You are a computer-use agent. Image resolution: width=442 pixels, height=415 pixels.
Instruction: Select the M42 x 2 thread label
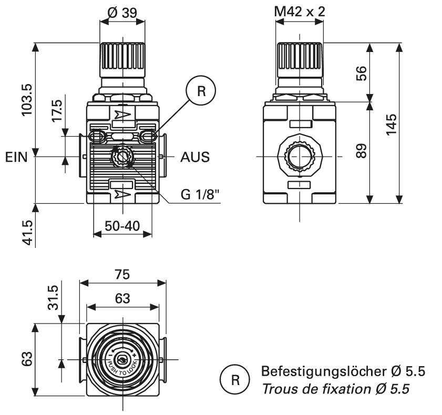(x=299, y=11)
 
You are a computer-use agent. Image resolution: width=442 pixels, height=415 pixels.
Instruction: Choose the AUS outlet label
(x=195, y=157)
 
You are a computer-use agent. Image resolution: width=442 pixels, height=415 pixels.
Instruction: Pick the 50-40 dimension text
(x=122, y=226)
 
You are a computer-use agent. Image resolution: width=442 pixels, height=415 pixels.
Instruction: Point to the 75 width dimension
(x=122, y=275)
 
